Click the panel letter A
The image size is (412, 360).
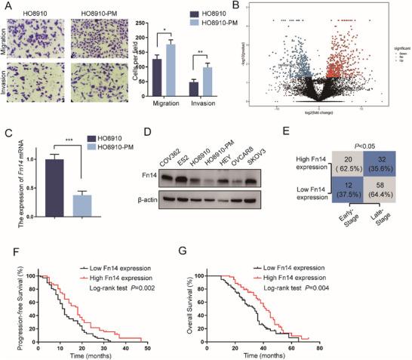[6, 6]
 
